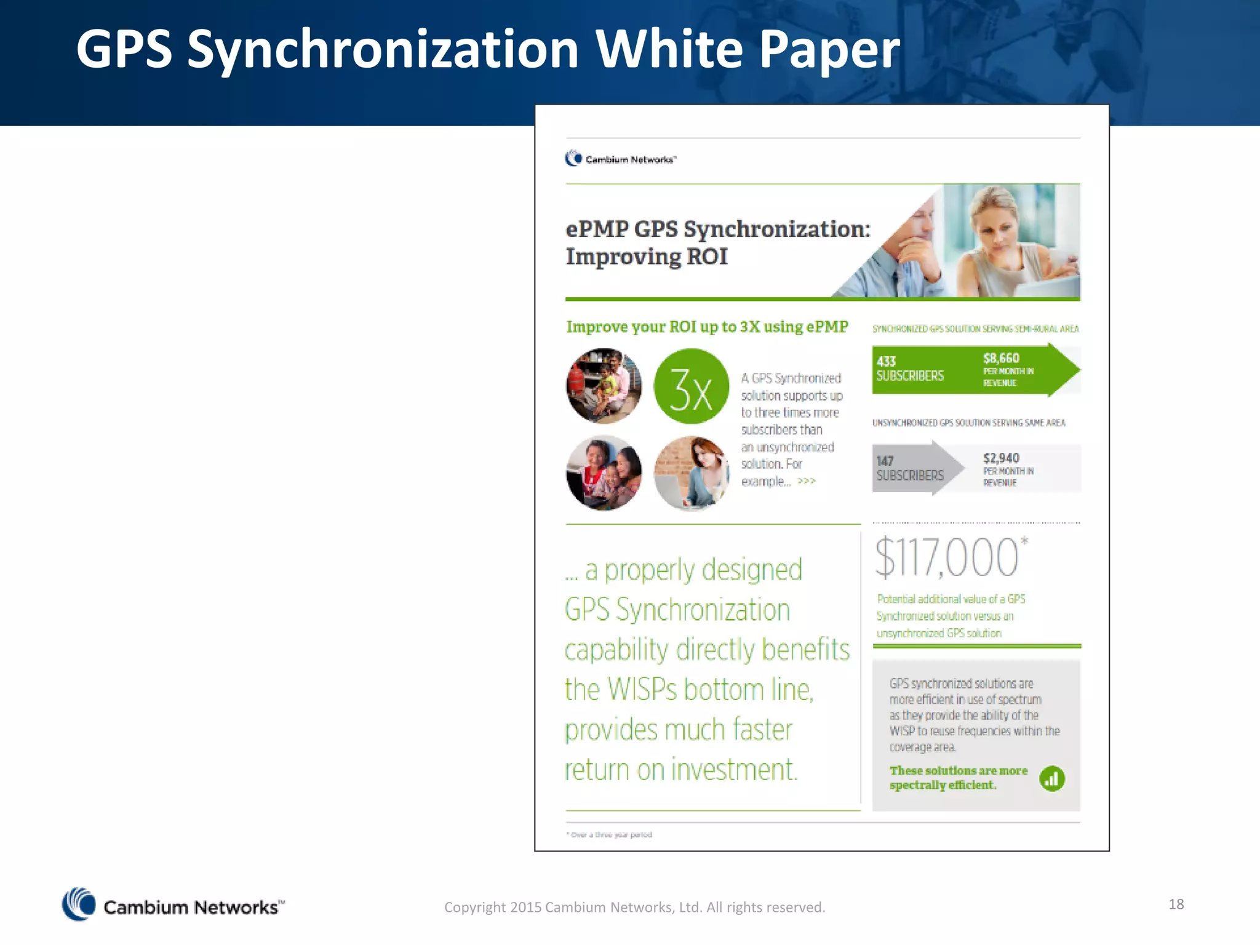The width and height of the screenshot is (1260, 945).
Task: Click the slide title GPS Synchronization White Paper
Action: click(488, 49)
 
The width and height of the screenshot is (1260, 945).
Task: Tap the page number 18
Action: click(1176, 904)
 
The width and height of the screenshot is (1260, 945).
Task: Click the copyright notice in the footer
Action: click(634, 907)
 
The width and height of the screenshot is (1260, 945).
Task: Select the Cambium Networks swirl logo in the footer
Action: click(79, 904)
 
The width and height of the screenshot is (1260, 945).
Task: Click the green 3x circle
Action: click(691, 386)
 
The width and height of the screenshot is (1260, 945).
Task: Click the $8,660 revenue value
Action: click(1001, 358)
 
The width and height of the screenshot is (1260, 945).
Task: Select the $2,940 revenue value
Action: click(1001, 458)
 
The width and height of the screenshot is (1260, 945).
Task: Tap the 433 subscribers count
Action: click(887, 361)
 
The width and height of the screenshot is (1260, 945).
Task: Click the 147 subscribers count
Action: click(885, 461)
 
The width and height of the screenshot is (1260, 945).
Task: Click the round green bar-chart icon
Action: click(1052, 779)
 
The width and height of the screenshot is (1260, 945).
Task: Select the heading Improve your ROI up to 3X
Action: click(707, 327)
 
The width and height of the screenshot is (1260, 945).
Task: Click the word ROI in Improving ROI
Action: click(707, 257)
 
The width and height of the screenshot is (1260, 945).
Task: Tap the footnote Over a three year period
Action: click(609, 835)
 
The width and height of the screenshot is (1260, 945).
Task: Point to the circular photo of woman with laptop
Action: click(691, 472)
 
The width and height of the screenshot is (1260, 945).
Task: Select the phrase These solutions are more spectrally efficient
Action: click(958, 778)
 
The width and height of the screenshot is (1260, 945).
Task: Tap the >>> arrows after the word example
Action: click(807, 481)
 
